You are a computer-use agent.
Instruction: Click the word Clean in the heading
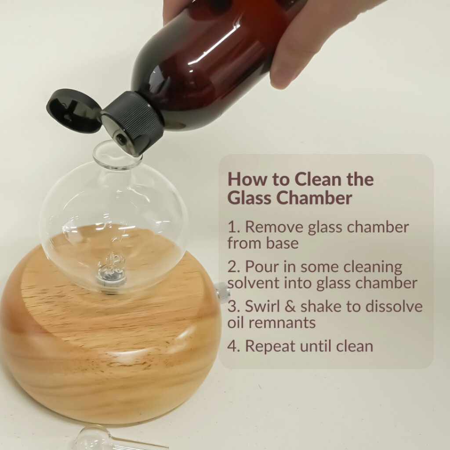pyautogui.click(x=318, y=179)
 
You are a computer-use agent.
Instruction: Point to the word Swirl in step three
pyautogui.click(x=262, y=306)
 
